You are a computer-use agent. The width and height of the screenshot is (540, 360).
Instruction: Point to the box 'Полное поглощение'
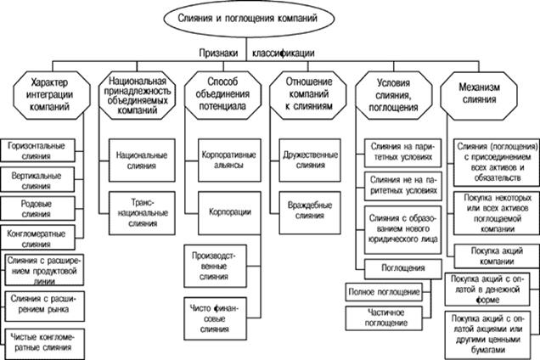[x=384, y=292]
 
